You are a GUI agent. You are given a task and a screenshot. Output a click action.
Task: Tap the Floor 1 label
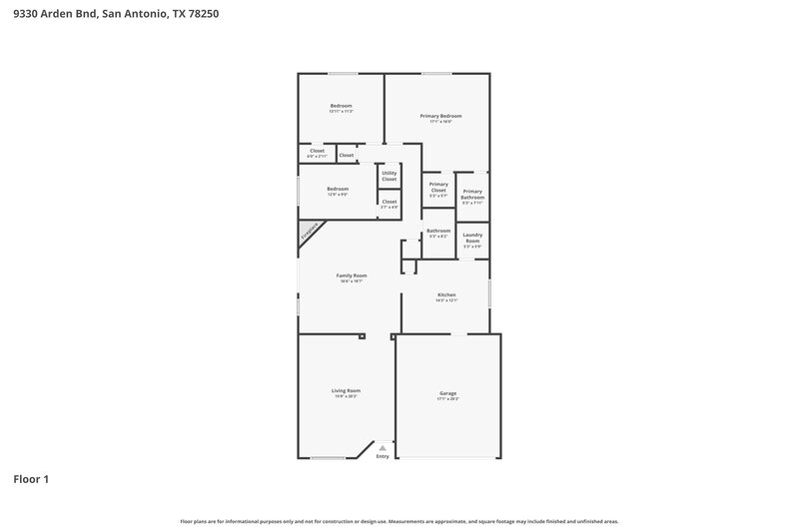31,479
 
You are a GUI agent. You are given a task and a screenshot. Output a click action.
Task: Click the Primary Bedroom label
440,116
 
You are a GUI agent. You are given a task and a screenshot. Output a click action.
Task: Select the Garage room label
448,393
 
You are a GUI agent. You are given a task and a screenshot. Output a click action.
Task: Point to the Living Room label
347,390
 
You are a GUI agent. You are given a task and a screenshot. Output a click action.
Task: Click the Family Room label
352,275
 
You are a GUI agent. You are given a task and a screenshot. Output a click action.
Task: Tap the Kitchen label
446,294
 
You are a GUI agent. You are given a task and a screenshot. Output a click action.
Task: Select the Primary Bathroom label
472,194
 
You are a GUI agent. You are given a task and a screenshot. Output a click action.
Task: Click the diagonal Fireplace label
310,233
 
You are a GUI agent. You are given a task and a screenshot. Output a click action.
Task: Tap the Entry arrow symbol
382,448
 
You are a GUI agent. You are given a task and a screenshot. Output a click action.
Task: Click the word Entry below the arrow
382,457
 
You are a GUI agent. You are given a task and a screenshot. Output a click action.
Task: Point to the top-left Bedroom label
341,106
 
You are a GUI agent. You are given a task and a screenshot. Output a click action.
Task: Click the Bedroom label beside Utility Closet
338,189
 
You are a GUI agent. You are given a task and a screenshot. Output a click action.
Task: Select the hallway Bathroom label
438,231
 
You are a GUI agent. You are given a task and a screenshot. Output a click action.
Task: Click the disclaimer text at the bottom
399,521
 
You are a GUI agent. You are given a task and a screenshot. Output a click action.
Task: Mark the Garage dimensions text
448,398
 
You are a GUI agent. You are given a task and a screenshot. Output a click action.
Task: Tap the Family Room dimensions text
352,281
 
